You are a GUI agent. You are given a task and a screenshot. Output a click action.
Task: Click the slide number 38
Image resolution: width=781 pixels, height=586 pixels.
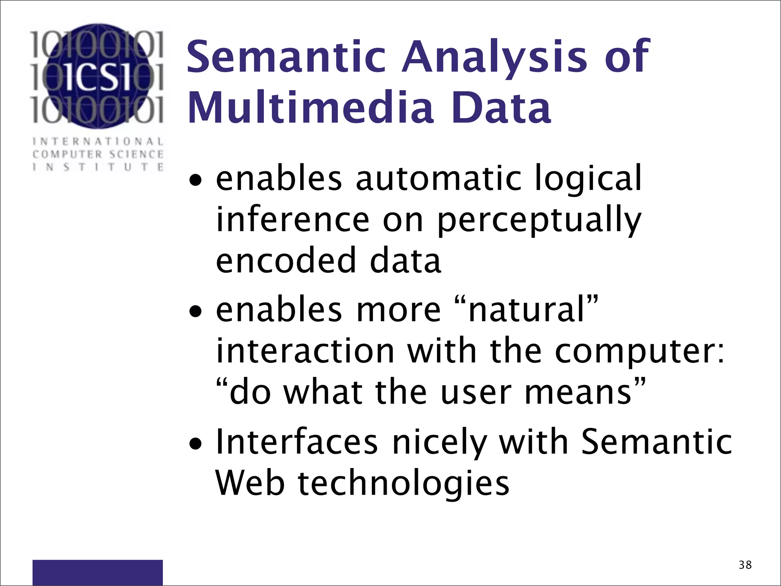[745, 565]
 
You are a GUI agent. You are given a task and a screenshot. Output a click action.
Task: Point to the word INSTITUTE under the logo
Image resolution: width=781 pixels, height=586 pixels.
[98, 167]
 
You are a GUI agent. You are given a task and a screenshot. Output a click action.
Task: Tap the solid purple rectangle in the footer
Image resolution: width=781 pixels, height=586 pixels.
[98, 572]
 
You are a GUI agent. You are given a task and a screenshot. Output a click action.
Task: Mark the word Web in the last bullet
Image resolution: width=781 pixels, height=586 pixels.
[250, 484]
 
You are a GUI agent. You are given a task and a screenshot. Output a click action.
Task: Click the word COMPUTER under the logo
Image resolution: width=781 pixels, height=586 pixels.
[67, 155]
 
